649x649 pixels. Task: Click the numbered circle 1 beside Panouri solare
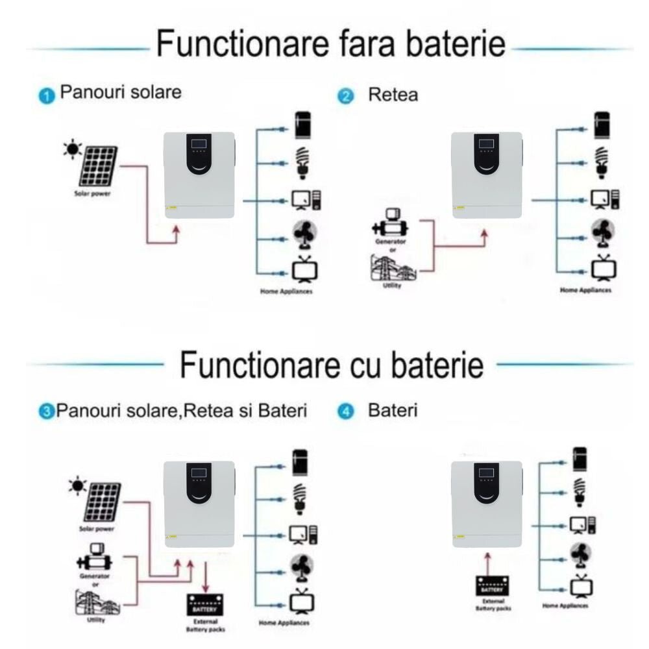point(46,97)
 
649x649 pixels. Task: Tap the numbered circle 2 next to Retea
point(346,97)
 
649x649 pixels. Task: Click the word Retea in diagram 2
point(393,95)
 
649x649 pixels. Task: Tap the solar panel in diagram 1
point(99,166)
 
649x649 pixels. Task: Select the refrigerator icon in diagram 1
point(303,126)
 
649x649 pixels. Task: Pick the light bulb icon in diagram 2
point(602,162)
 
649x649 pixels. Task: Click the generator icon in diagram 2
point(391,224)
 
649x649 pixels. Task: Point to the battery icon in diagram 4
point(493,587)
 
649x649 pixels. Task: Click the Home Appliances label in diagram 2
point(585,290)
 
